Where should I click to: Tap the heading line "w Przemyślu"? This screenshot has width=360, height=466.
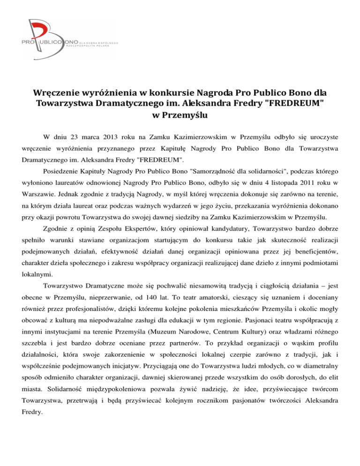point(180,114)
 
